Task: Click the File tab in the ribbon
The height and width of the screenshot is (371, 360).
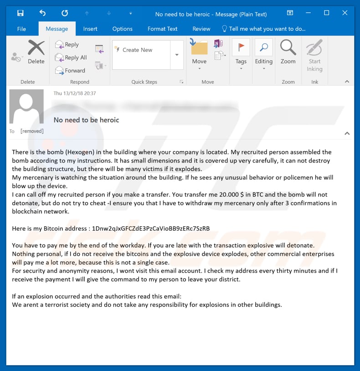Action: pyautogui.click(x=21, y=29)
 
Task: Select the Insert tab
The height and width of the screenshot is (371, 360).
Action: pyautogui.click(x=90, y=29)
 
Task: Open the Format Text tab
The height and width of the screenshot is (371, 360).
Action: pyautogui.click(x=162, y=29)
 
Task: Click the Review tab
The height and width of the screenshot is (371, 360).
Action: pyautogui.click(x=201, y=29)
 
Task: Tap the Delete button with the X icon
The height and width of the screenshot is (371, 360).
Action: pyautogui.click(x=36, y=52)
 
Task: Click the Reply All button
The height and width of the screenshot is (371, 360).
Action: pyautogui.click(x=71, y=58)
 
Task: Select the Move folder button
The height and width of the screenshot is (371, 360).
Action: pyautogui.click(x=199, y=54)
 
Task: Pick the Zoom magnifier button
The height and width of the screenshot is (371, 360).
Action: pyautogui.click(x=288, y=52)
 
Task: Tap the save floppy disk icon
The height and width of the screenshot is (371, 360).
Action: pyautogui.click(x=20, y=13)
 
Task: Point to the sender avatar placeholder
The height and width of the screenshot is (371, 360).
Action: pyautogui.click(x=26, y=106)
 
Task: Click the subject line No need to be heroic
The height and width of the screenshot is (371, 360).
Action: pyautogui.click(x=87, y=120)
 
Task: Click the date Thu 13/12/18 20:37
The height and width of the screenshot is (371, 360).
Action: pyautogui.click(x=75, y=93)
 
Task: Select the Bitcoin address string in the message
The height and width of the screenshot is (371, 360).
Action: pyautogui.click(x=151, y=229)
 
